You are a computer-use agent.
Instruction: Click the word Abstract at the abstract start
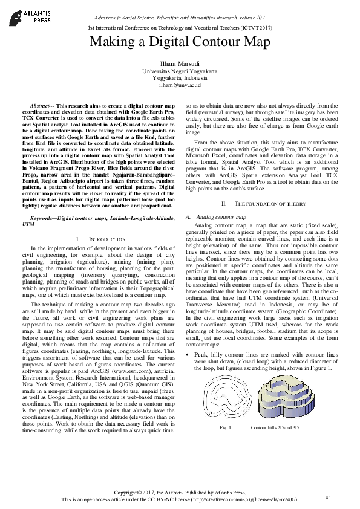(42, 105)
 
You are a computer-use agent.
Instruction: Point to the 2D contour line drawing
(227, 393)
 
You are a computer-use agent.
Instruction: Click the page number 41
(329, 497)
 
